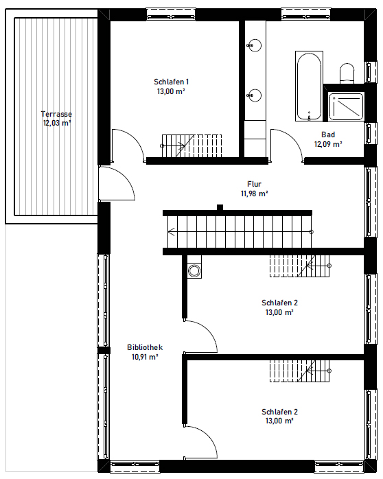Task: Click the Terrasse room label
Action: tap(56, 114)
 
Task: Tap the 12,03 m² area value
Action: tap(57, 124)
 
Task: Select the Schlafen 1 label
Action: tap(171, 82)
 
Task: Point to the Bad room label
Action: tap(328, 135)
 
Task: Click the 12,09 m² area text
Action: tap(328, 144)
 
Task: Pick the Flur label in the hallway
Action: tap(254, 184)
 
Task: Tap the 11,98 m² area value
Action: tap(255, 194)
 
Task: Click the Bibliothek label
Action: tap(145, 347)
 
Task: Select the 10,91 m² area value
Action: tap(145, 357)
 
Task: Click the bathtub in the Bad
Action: tap(309, 86)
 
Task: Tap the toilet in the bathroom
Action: tap(347, 73)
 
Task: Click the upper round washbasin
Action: tap(254, 45)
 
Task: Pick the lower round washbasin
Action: tap(254, 95)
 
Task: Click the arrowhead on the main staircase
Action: tap(171, 232)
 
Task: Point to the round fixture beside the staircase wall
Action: tap(194, 270)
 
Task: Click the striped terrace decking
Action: tap(56, 117)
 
